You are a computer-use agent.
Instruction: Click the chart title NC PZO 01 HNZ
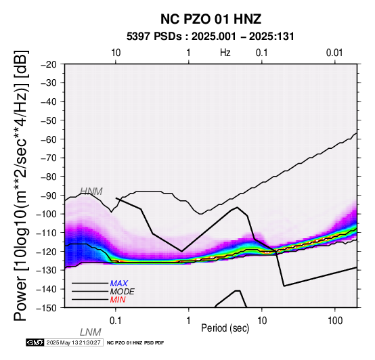211,19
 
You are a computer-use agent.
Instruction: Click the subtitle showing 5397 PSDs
211,37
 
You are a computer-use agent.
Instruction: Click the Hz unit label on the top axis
225,53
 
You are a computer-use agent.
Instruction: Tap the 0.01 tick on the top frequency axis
334,53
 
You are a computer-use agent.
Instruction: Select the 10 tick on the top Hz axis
116,53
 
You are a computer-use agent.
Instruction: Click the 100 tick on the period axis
335,321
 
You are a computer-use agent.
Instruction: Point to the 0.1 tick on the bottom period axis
116,321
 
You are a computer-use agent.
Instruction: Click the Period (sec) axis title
225,328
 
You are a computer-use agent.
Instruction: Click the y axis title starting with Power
21,185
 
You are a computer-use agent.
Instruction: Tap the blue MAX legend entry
119,284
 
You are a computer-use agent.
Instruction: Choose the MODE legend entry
123,292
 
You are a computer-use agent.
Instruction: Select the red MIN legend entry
118,300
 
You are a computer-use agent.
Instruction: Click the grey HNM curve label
91,192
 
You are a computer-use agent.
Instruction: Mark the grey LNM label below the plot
91,332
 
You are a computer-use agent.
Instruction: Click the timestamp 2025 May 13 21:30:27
73,342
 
